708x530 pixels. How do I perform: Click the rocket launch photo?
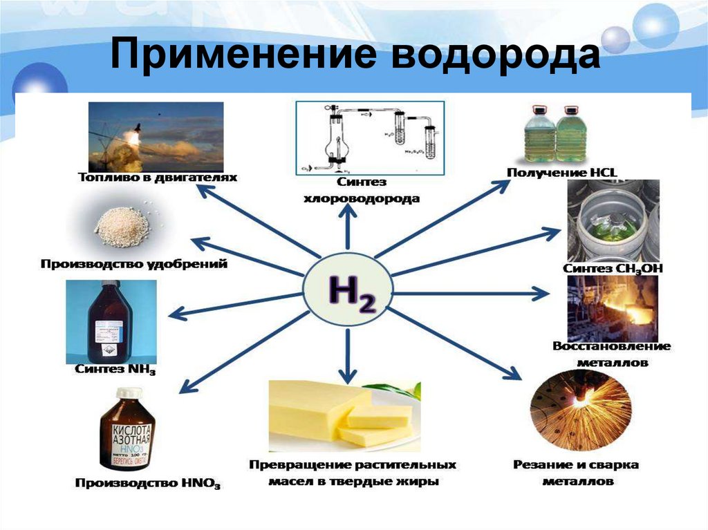pos(156,136)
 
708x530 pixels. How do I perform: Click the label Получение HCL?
pos(566,171)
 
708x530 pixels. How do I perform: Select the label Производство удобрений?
pos(133,264)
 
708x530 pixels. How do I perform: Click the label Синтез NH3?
pos(115,371)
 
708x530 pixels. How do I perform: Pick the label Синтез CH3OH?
pos(613,268)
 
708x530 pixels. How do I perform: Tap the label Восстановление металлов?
pos(611,353)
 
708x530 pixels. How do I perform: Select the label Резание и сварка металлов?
pos(576,472)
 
